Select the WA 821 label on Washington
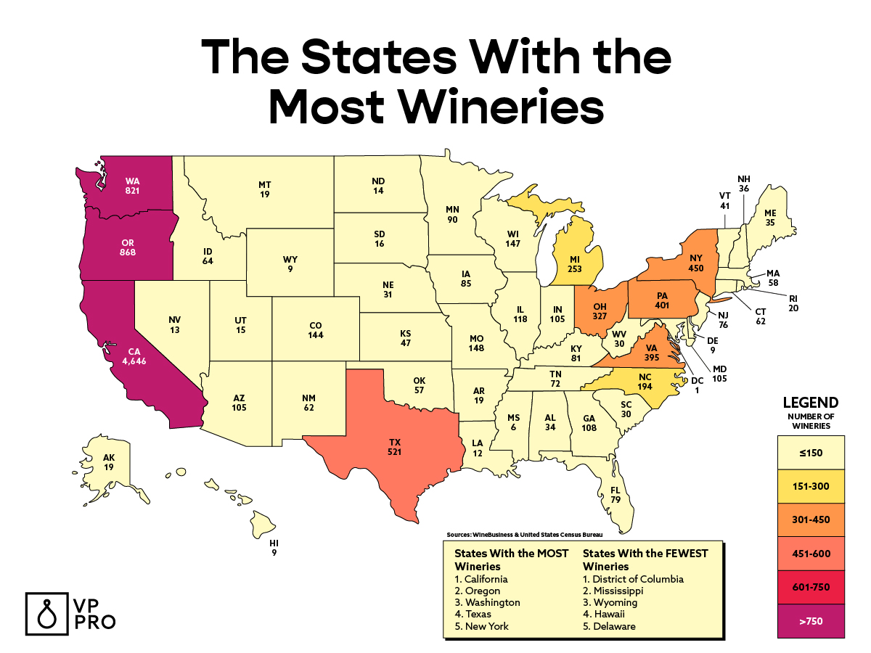[x=132, y=186]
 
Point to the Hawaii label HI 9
[x=273, y=548]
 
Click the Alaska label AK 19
[x=109, y=463]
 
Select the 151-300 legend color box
[x=811, y=487]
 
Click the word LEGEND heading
[x=811, y=403]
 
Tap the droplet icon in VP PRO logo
[x=46, y=612]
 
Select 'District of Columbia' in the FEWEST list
[x=634, y=579]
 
